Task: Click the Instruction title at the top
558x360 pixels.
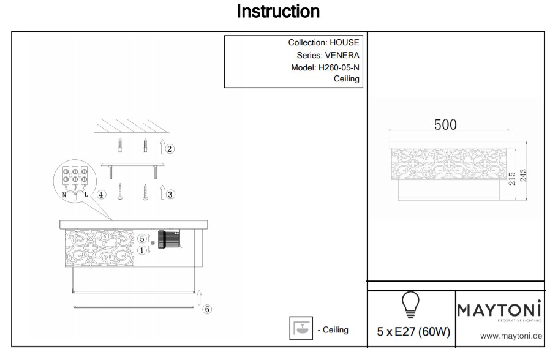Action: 278,12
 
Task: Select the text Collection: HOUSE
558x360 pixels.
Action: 323,43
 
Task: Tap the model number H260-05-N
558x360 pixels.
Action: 339,67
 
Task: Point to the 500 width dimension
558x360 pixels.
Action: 445,124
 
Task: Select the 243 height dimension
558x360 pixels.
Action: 524,175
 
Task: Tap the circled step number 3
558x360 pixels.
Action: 171,194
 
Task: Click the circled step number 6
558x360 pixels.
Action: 207,310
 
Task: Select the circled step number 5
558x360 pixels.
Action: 141,238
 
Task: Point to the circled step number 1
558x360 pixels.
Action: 141,250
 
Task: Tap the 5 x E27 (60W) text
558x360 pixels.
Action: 413,332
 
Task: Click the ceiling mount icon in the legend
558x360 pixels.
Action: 300,329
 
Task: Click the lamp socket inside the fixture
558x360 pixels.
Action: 167,239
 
